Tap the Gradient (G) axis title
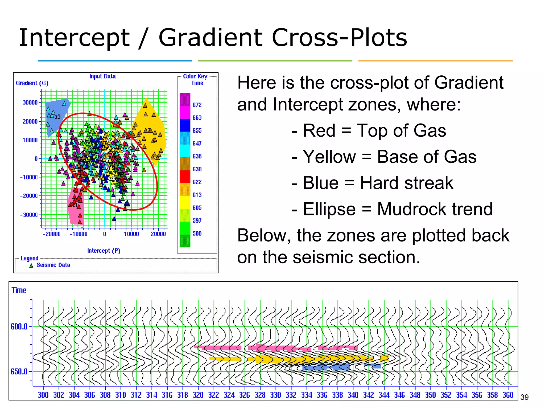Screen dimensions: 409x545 click(32, 83)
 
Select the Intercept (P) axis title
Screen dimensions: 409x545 click(104, 251)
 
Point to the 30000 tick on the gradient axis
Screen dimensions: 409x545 click(30, 103)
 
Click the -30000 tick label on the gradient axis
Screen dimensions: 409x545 click(29, 215)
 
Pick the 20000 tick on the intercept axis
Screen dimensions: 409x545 click(158, 234)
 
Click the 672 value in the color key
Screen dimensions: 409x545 click(197, 105)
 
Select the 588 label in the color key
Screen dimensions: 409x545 click(197, 234)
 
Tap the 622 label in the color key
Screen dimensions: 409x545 click(197, 182)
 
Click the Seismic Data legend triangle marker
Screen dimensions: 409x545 click(31, 265)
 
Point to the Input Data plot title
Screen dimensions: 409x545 click(102, 76)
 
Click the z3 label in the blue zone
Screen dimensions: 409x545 click(58, 117)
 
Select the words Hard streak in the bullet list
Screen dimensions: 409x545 click(406, 183)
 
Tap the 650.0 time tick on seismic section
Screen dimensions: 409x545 click(19, 371)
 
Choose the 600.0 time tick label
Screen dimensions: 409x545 click(19, 326)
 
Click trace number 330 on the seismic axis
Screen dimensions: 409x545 click(275, 395)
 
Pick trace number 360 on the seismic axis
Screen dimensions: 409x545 click(508, 395)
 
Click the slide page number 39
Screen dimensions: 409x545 click(524, 397)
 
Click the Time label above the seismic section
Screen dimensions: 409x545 click(19, 290)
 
